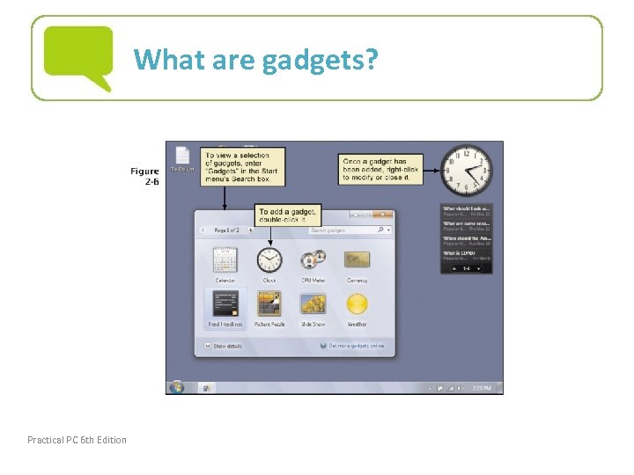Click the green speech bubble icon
tap(78, 56)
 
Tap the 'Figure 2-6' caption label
tap(144, 176)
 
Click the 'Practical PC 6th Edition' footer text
tap(77, 440)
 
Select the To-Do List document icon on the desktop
tap(182, 157)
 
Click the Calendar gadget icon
tap(225, 260)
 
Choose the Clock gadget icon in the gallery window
tap(269, 260)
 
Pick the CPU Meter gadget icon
tap(313, 260)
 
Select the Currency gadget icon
tap(357, 260)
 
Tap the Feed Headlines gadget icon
tap(225, 304)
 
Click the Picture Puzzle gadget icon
tap(269, 304)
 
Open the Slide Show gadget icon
tap(313, 304)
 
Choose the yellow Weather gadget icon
tap(357, 304)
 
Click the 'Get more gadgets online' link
tap(354, 346)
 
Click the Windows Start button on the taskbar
tap(176, 386)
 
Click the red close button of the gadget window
tap(384, 214)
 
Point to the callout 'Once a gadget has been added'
tap(380, 170)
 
